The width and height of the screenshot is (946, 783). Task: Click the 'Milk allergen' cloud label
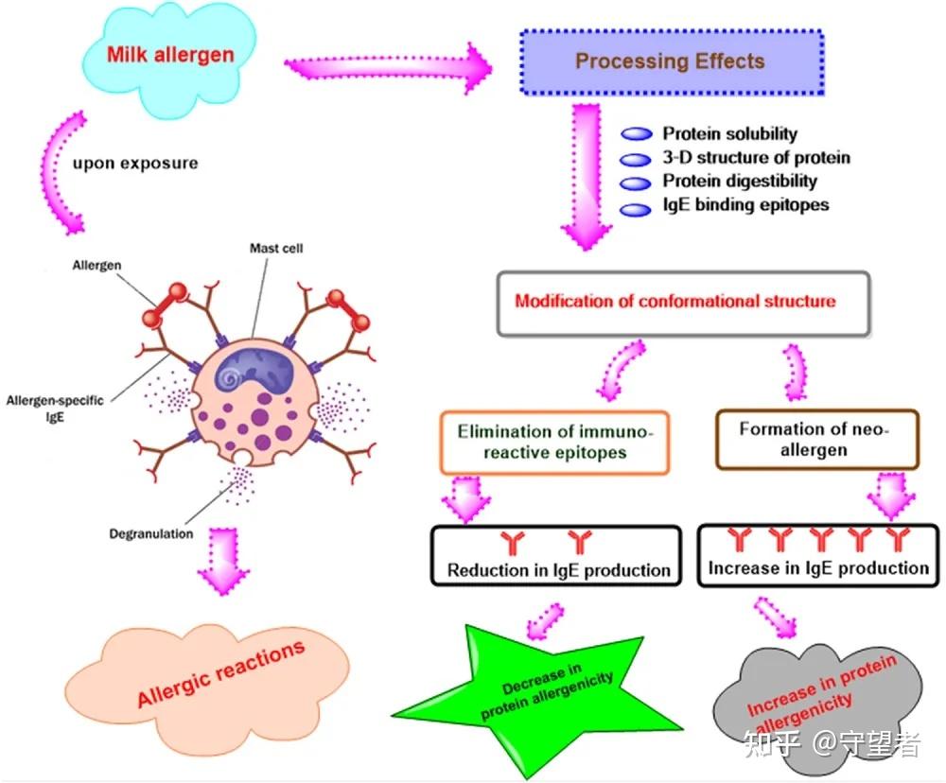click(170, 55)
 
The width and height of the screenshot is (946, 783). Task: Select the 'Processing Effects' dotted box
click(672, 61)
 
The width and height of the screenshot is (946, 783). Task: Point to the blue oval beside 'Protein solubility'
click(637, 134)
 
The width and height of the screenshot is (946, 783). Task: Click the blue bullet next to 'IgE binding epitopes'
click(636, 209)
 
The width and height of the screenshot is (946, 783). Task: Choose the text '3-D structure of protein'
click(756, 157)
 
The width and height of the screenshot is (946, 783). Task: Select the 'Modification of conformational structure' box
click(683, 304)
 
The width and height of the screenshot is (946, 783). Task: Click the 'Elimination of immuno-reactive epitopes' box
click(554, 443)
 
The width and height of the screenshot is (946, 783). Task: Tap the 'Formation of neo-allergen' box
click(817, 439)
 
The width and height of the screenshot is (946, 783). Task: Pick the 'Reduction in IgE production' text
click(559, 570)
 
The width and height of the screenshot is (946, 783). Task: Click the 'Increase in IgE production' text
click(818, 567)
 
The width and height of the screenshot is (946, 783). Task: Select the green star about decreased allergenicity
click(537, 700)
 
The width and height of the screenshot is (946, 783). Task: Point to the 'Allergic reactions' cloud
click(206, 687)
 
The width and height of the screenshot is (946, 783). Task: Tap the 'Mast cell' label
click(276, 248)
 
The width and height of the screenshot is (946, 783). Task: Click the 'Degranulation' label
click(150, 533)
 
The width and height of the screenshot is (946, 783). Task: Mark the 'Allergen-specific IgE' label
click(55, 409)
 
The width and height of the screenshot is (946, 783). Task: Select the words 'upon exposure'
click(135, 164)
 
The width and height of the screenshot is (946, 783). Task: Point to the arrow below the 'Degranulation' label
click(223, 561)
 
